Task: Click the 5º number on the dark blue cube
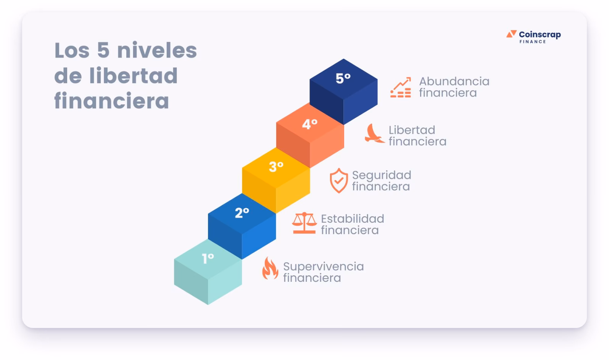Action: point(343,79)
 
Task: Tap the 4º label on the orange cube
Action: point(309,124)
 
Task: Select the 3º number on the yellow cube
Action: point(276,167)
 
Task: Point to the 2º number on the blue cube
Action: point(242,213)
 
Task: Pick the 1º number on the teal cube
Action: point(208,258)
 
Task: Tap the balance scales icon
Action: point(304,223)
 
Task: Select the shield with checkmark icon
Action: point(339,180)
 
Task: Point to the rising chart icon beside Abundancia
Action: point(401,87)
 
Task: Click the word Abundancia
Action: point(454,81)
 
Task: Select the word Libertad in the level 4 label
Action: point(412,130)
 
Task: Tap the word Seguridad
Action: point(381,175)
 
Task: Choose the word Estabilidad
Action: point(352,219)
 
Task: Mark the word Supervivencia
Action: point(323,266)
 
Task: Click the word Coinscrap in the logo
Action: point(540,35)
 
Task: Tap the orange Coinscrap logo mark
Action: point(511,34)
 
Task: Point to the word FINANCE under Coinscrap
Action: point(532,42)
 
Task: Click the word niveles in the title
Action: point(157,50)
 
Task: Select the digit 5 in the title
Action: point(103,50)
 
